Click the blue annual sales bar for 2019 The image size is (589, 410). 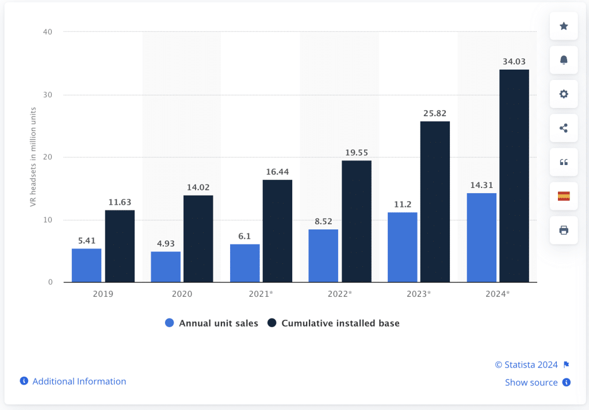click(x=86, y=265)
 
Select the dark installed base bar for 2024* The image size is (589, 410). click(x=514, y=176)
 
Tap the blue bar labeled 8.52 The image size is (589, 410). click(x=323, y=256)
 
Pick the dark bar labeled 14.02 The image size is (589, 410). click(x=198, y=239)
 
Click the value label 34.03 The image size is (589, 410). click(x=514, y=62)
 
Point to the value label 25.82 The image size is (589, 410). click(x=435, y=113)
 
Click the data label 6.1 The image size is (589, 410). click(x=244, y=236)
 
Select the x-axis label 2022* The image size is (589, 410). click(x=339, y=294)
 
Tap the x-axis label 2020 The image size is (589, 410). click(x=182, y=294)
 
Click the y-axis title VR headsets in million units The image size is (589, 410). click(x=34, y=157)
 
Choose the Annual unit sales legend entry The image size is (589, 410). click(x=211, y=323)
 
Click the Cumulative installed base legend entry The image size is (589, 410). click(x=334, y=323)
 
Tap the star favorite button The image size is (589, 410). click(x=564, y=26)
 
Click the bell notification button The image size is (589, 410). click(x=564, y=60)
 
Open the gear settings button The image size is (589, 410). click(x=564, y=94)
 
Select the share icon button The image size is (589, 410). click(x=564, y=128)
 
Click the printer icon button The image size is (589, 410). click(x=564, y=230)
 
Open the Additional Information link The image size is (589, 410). click(x=79, y=381)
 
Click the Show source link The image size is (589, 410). click(x=531, y=382)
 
